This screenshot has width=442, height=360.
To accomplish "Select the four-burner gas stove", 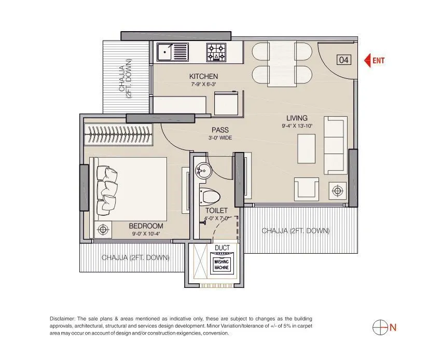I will pos(217,51).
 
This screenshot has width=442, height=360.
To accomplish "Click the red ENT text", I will pos(379,61).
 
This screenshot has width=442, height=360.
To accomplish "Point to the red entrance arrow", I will pos(368,61).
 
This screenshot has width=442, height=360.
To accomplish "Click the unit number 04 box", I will pos(343,60).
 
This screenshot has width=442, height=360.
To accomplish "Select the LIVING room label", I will pos(296,118).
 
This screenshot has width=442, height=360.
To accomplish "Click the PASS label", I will pos(220,130).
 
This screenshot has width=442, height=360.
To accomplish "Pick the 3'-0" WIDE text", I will pos(220,138).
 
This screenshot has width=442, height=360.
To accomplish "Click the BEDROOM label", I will pos(146,226).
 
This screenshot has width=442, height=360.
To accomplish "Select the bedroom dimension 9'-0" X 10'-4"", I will pos(146,234).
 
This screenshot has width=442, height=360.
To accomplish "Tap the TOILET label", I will pos(216,211).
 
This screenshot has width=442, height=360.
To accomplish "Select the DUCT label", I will pos(222,248).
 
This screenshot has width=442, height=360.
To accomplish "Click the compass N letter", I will pos(393,327).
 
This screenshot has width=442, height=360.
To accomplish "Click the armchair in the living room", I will pos(307,188).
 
